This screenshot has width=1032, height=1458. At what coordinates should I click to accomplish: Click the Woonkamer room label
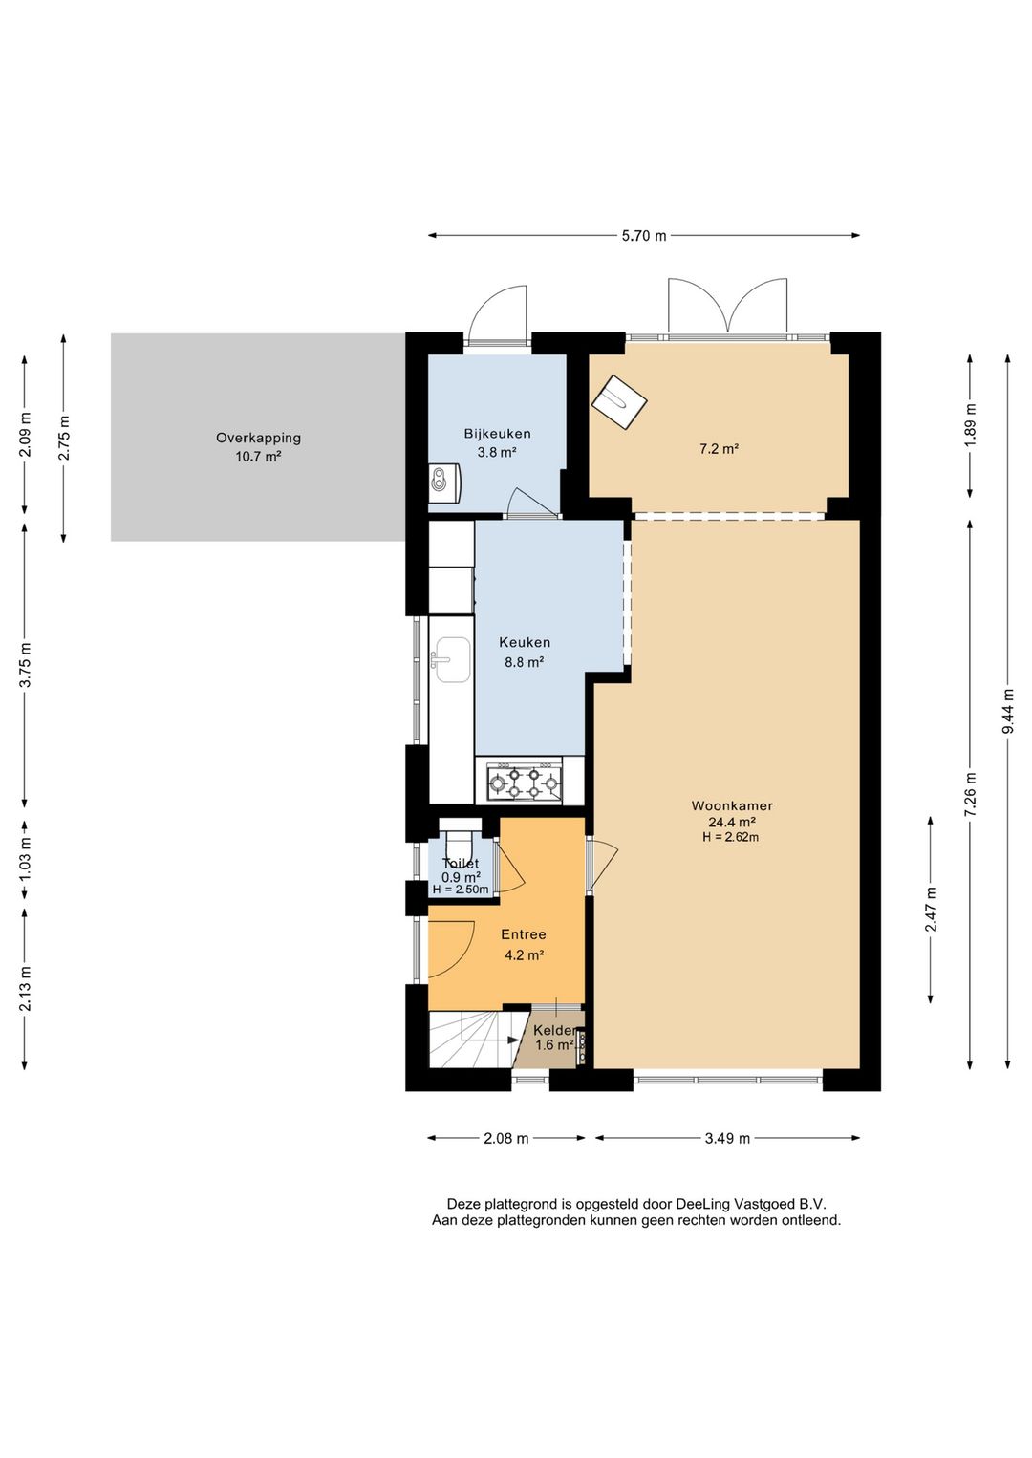click(x=732, y=805)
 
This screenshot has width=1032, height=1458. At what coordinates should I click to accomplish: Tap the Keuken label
click(x=525, y=642)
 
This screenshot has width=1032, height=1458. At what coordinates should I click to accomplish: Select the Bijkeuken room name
click(x=498, y=434)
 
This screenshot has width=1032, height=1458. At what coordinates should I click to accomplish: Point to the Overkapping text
click(x=259, y=438)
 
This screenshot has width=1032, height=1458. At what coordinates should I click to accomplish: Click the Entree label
click(x=524, y=934)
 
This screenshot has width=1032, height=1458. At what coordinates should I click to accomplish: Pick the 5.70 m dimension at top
click(x=644, y=236)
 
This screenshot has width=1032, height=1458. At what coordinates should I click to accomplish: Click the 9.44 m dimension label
click(x=1008, y=711)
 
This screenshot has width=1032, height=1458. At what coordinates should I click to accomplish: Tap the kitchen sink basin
click(x=453, y=660)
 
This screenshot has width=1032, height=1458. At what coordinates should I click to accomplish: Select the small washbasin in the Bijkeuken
click(x=444, y=483)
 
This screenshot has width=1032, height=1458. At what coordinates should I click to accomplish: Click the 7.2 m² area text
click(x=719, y=448)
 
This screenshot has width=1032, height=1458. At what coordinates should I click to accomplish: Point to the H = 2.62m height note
click(x=731, y=838)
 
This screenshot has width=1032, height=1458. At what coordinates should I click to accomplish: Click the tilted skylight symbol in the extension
click(x=618, y=401)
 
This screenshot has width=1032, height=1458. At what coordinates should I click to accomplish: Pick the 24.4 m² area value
click(x=732, y=822)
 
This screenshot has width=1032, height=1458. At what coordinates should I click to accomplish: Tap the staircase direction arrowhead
click(x=512, y=1040)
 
